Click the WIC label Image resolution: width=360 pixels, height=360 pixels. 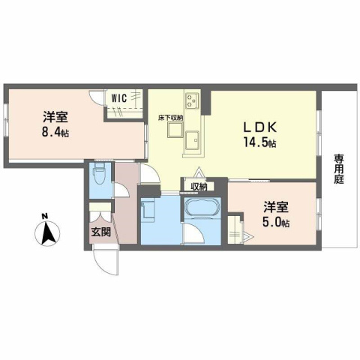[x=118, y=97]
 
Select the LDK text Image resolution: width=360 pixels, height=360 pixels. [x=258, y=127]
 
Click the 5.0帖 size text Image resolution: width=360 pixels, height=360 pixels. [x=277, y=222]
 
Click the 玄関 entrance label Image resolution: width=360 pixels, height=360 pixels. [x=101, y=232]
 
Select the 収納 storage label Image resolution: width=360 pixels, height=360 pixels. [x=199, y=186]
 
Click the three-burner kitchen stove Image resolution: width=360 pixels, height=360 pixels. [x=190, y=100]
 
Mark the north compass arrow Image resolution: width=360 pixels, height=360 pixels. [x=46, y=234]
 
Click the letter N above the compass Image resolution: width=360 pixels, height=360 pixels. [x=46, y=218]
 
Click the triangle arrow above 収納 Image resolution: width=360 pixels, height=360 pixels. [x=198, y=173]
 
